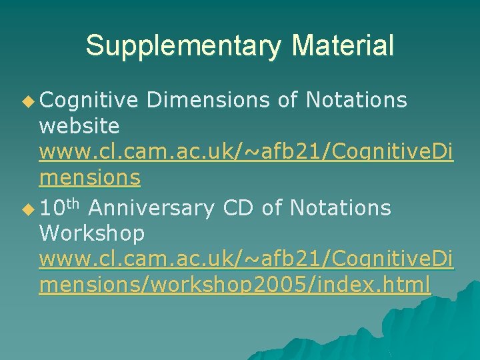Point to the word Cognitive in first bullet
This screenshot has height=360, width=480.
click(89, 100)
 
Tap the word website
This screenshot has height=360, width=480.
click(79, 125)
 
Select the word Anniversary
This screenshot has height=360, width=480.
click(151, 208)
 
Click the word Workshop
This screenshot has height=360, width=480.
click(92, 233)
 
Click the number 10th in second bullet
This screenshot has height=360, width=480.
click(60, 208)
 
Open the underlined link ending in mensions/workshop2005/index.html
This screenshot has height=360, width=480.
click(235, 285)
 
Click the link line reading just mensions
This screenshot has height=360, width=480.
click(90, 177)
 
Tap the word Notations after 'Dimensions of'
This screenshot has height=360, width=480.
click(356, 100)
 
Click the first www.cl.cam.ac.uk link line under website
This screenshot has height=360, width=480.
click(246, 151)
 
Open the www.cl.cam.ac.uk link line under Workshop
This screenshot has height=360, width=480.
click(246, 259)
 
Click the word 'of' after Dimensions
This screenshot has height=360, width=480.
click(287, 100)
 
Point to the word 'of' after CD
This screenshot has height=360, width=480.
click(272, 208)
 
